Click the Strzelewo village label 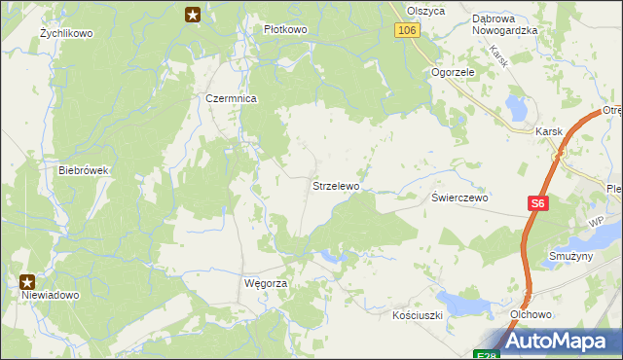coord(336,185)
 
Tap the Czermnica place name coord(231,98)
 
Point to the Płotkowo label coord(285,29)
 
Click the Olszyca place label coord(425,11)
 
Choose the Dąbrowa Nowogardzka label coord(505,24)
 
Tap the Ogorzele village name coord(453,72)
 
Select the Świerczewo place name coord(460,197)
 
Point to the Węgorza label coord(265,283)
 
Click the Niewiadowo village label coord(51,294)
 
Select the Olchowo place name coord(531,315)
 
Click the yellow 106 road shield coord(408,31)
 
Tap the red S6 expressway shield coord(539,203)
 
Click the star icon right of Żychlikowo coord(193,14)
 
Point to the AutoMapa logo coord(552,341)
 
